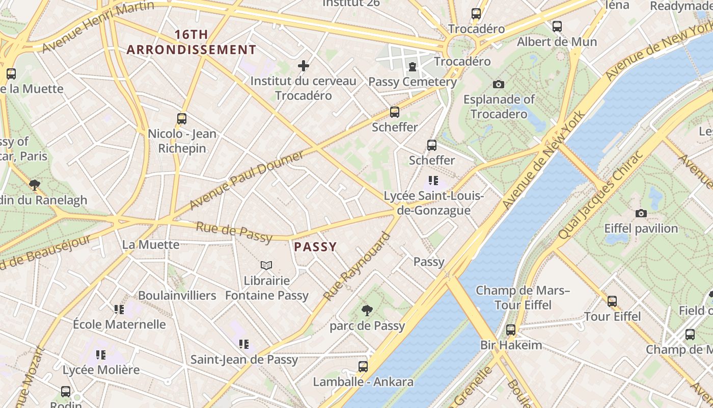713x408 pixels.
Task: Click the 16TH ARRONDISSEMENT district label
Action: (x=191, y=42)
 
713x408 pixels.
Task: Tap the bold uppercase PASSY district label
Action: (x=315, y=247)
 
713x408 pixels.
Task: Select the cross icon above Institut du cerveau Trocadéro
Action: (x=304, y=66)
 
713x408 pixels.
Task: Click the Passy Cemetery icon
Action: (x=412, y=67)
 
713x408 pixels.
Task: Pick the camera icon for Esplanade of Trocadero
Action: (x=499, y=84)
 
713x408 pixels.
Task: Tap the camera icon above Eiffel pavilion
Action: (x=641, y=213)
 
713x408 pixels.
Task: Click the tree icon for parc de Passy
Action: (x=367, y=310)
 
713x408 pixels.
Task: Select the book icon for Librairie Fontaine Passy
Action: (x=266, y=265)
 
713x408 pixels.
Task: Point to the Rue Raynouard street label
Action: (x=357, y=266)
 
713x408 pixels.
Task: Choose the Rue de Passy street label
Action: (x=234, y=232)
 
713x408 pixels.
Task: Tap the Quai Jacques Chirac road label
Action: (x=601, y=195)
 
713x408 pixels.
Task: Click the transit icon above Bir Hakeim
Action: (x=511, y=330)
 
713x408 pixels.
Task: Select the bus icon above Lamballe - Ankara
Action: (x=363, y=366)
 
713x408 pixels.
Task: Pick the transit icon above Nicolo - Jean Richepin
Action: (x=182, y=119)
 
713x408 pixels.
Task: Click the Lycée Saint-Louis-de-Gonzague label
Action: (x=433, y=203)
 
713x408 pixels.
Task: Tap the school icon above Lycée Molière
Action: (x=101, y=354)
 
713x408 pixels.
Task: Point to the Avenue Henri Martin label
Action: (x=98, y=27)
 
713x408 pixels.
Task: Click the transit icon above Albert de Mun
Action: (x=557, y=26)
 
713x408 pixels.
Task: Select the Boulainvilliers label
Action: (x=177, y=295)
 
